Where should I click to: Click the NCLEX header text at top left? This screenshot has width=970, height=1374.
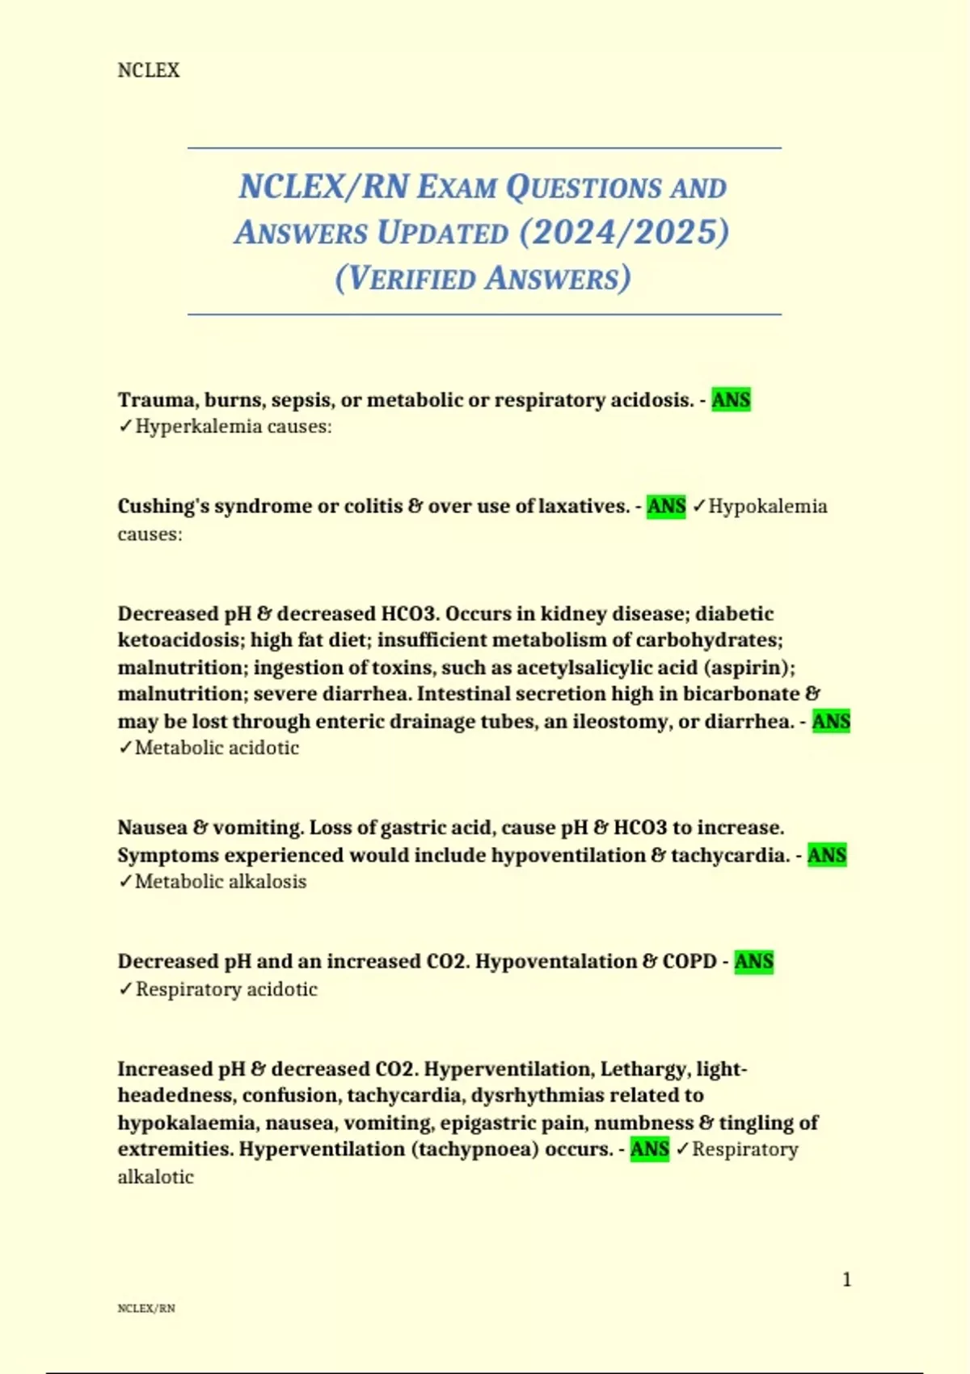point(149,70)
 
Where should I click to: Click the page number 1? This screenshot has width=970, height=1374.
point(846,1279)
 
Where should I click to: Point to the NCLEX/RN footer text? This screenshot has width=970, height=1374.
point(146,1309)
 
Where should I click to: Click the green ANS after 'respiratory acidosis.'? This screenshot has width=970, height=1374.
point(731,400)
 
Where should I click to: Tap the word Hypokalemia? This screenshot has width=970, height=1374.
point(768,507)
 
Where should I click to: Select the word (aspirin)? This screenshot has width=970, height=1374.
point(748,668)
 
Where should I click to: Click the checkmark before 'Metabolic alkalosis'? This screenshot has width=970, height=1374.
point(125,882)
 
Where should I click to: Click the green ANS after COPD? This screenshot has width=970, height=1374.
point(753,962)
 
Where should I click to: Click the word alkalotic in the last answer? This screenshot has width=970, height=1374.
point(155,1177)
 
